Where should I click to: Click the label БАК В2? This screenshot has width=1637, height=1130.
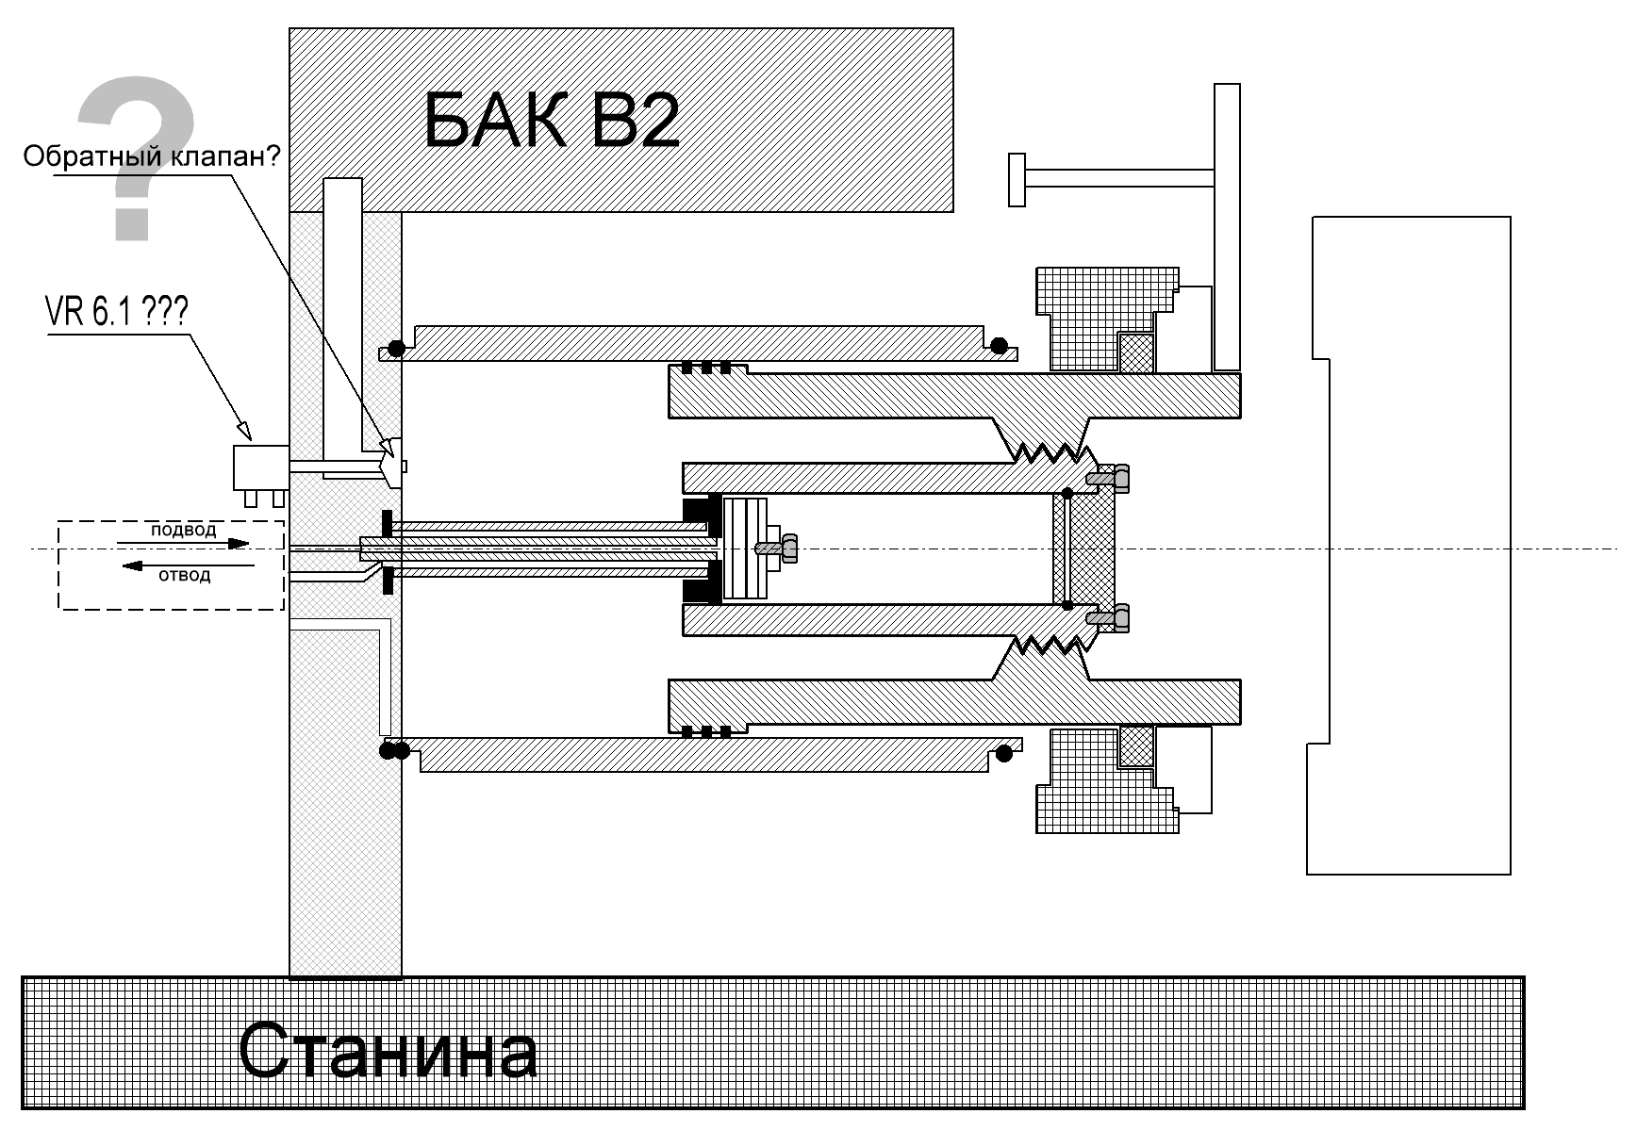pos(552,120)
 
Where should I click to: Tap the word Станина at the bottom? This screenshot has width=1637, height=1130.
pos(388,1050)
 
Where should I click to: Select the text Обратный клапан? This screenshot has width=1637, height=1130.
pos(152,156)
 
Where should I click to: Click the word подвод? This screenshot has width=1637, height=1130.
pos(183,530)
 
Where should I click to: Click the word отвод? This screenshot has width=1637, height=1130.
pos(185,575)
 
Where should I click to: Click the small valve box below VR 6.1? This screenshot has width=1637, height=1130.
pos(260,467)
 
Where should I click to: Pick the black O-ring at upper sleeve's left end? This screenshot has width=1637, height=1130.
pos(397,349)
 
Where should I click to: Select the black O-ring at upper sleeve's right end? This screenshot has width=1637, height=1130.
pos(999,346)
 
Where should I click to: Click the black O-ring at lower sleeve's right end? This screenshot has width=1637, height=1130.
pos(1004,753)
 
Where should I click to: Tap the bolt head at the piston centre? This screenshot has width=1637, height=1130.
pos(788,548)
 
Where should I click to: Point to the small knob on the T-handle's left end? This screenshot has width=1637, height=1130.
pos(1017,179)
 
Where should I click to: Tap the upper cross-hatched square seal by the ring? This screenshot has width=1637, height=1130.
pos(1136,352)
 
